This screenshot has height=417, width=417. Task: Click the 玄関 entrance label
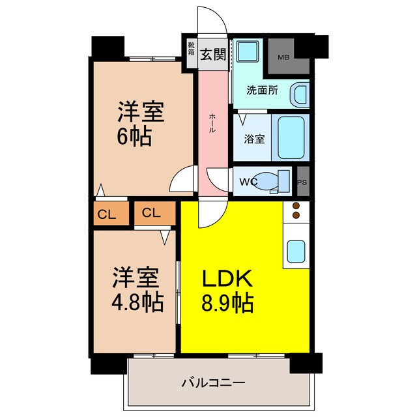[213, 53]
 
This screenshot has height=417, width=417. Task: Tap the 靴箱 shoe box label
[192, 50]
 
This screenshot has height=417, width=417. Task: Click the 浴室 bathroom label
[254, 139]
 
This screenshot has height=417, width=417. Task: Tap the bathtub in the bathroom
[292, 137]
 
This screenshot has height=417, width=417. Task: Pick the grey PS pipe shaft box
[302, 182]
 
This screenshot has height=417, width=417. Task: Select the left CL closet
[108, 213]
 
